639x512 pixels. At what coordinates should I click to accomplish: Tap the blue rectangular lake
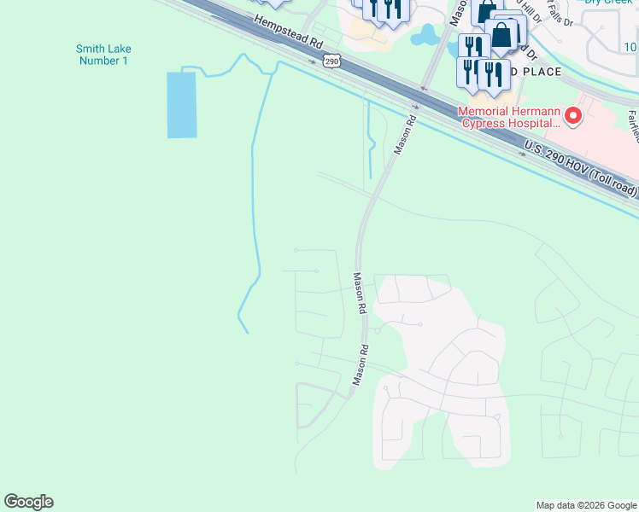point(181,104)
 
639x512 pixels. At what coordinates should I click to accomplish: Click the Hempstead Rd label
point(287,35)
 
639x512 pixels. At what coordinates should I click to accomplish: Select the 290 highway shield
point(332,61)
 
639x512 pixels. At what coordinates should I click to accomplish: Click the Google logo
point(28,502)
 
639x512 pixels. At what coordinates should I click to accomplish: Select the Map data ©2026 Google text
point(585,505)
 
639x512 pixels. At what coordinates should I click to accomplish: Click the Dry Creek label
point(607,3)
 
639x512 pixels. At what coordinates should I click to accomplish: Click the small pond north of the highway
point(424,37)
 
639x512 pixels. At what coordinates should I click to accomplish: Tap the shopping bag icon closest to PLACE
point(501,37)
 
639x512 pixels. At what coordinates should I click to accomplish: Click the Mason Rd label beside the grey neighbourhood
point(361,294)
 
